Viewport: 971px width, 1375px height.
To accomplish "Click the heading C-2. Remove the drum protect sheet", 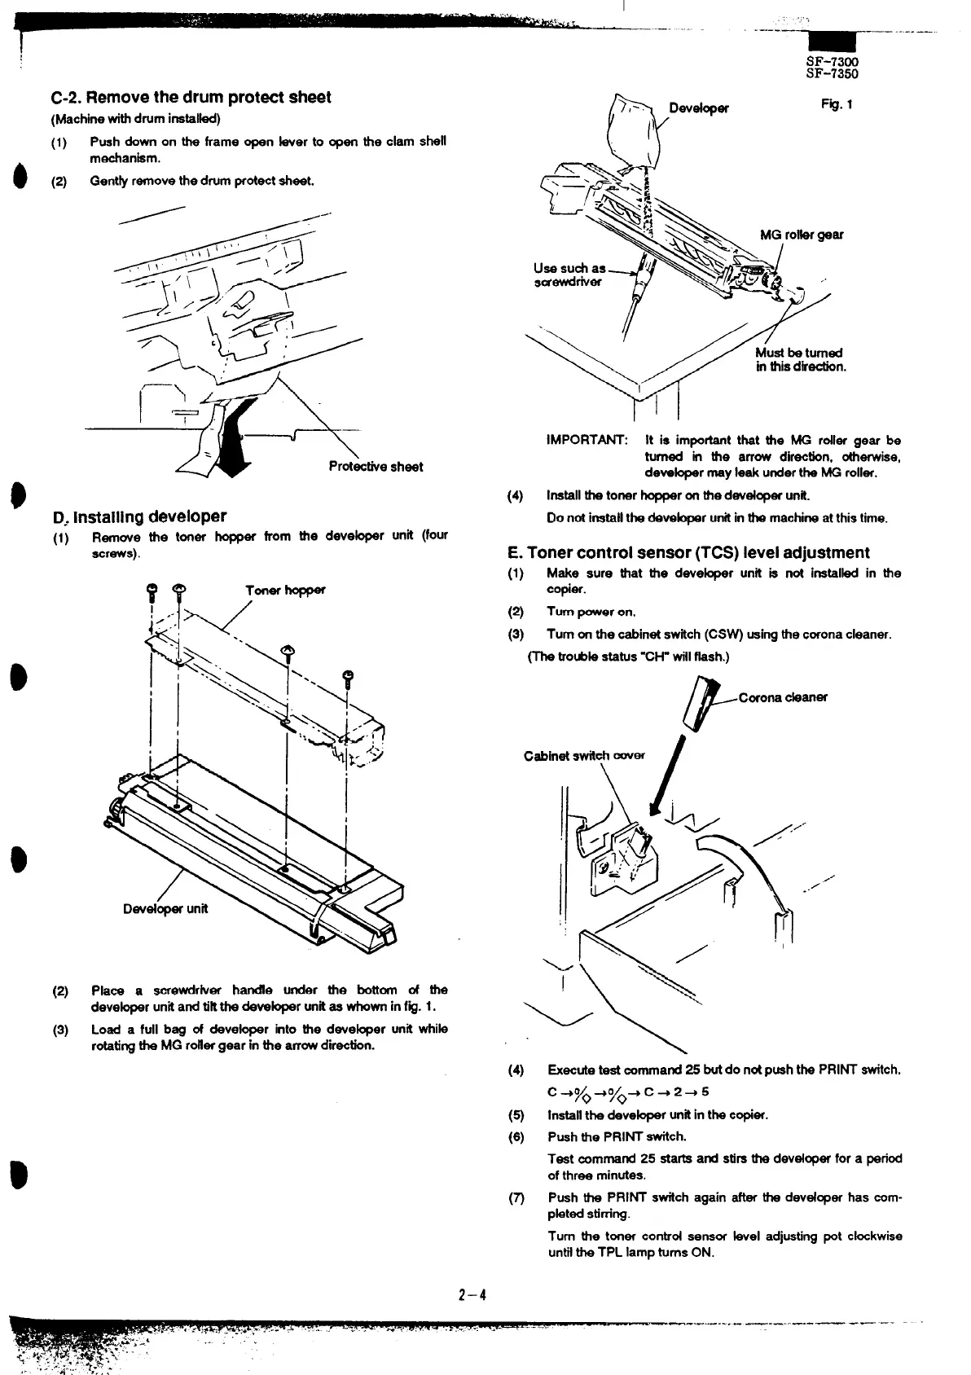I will [191, 98].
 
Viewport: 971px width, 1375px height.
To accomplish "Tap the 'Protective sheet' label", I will [376, 467].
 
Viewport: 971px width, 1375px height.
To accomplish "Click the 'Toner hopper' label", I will [285, 590].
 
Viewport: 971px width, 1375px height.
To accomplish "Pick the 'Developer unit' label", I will [165, 908].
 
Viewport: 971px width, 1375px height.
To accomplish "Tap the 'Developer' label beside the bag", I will [699, 108].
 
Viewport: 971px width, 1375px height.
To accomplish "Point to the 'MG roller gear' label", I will [802, 235].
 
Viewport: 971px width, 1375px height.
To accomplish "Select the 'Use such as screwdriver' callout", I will [569, 275].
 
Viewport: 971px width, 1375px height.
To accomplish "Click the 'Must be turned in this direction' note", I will [800, 359].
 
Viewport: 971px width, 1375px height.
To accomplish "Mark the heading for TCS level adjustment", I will [688, 552].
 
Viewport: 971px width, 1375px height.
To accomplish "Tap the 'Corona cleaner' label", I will [782, 697].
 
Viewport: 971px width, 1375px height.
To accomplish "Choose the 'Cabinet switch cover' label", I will [583, 755].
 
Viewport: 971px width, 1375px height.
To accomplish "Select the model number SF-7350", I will [832, 73].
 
